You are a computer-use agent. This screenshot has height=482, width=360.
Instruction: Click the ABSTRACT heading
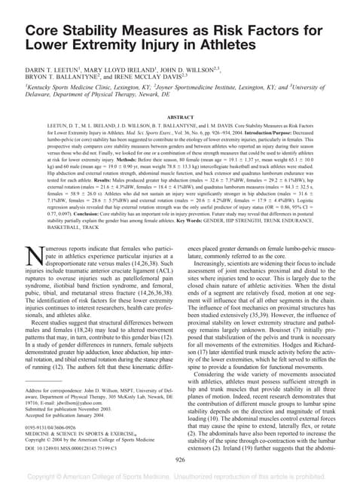[x=180, y=118]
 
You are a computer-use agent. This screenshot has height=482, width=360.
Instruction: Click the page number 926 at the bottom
[x=180, y=457]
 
